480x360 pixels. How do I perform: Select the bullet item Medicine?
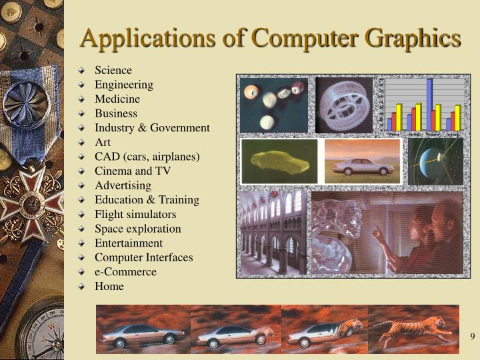coord(117,99)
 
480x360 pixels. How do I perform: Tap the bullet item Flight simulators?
coord(135,215)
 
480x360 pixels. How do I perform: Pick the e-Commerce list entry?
coord(125,272)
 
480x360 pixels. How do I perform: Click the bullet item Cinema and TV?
coord(133,171)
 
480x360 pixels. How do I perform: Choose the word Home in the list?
coord(109,287)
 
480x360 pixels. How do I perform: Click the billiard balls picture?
coord(273,105)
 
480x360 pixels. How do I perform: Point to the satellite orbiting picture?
coord(435,161)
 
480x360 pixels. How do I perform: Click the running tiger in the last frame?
coord(414,329)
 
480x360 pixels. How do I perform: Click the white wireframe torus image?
coord(344,105)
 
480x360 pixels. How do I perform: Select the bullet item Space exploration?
coord(137,229)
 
